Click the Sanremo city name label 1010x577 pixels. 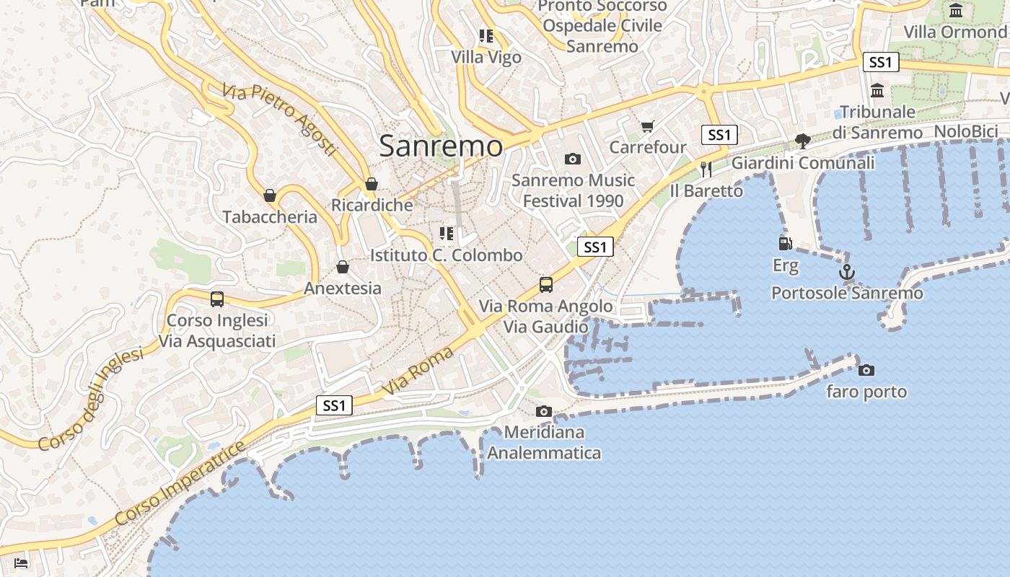click(440, 146)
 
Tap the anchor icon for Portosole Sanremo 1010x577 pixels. click(847, 273)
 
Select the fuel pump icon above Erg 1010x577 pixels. click(786, 245)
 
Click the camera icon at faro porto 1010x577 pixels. click(866, 370)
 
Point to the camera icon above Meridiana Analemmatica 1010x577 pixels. click(544, 411)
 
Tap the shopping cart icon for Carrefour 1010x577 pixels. click(647, 127)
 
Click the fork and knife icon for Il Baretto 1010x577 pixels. click(706, 169)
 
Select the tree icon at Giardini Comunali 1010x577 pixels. click(802, 141)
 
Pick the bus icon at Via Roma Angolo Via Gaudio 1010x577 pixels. click(546, 285)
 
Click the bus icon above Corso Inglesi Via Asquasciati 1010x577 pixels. click(217, 299)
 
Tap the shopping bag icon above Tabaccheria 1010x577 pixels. click(270, 195)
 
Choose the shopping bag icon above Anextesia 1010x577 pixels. click(343, 268)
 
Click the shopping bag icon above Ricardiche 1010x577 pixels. click(372, 185)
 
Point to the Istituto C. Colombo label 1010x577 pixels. click(446, 255)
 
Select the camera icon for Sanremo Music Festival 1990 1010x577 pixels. click(573, 159)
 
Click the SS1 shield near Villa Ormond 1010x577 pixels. click(881, 62)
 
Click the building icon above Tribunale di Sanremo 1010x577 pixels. click(877, 91)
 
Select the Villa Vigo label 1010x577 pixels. click(486, 57)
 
